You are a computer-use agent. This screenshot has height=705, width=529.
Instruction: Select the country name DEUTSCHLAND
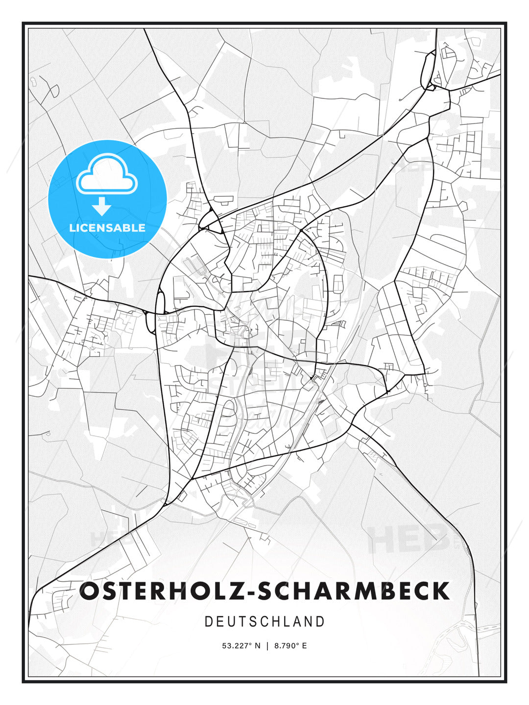click(264, 622)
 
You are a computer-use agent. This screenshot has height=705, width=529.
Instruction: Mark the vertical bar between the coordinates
click(267, 646)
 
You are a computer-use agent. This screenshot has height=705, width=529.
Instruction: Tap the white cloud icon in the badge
click(107, 174)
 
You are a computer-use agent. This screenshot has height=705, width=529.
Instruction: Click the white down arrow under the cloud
click(102, 207)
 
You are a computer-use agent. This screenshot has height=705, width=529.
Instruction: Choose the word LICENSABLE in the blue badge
click(107, 228)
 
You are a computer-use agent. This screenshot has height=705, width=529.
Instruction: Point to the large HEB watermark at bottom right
click(409, 539)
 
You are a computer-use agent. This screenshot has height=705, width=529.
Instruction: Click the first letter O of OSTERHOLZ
click(89, 591)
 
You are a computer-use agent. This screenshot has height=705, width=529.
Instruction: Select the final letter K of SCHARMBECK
click(441, 591)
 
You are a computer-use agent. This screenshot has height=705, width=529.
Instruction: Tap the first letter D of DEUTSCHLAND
click(208, 622)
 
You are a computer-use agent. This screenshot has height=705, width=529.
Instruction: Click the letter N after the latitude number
click(258, 646)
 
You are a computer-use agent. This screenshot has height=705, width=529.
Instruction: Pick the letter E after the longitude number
click(304, 646)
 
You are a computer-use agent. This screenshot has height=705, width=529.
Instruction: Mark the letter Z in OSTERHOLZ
click(230, 591)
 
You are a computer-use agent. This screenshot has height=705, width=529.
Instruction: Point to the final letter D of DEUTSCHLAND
click(321, 622)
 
